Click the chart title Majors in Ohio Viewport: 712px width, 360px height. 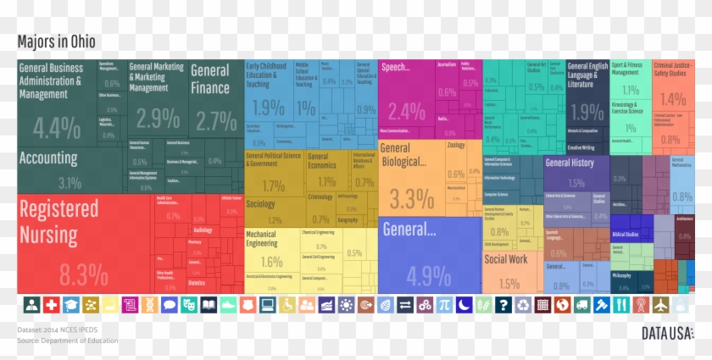(57, 42)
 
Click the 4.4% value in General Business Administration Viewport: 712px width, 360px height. (57, 128)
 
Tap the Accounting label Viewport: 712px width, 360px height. (48, 158)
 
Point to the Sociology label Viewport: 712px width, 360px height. (260, 204)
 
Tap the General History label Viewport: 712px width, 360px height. (570, 163)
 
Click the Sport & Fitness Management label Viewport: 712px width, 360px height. (627, 68)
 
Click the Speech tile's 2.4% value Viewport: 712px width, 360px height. (407, 111)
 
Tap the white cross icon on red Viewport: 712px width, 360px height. (52, 305)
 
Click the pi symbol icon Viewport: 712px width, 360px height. (443, 305)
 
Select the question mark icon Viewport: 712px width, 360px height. (503, 305)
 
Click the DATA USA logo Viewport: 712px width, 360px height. (666, 333)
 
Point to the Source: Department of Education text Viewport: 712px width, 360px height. (68, 341)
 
